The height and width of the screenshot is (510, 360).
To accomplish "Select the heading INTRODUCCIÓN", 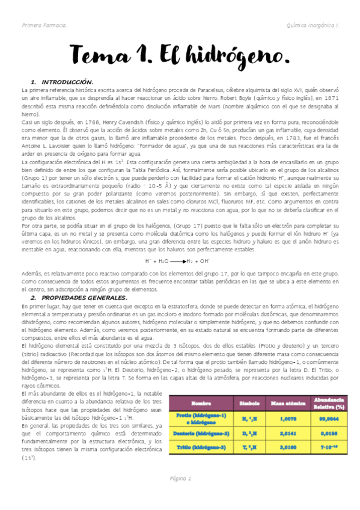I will (66, 81).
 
